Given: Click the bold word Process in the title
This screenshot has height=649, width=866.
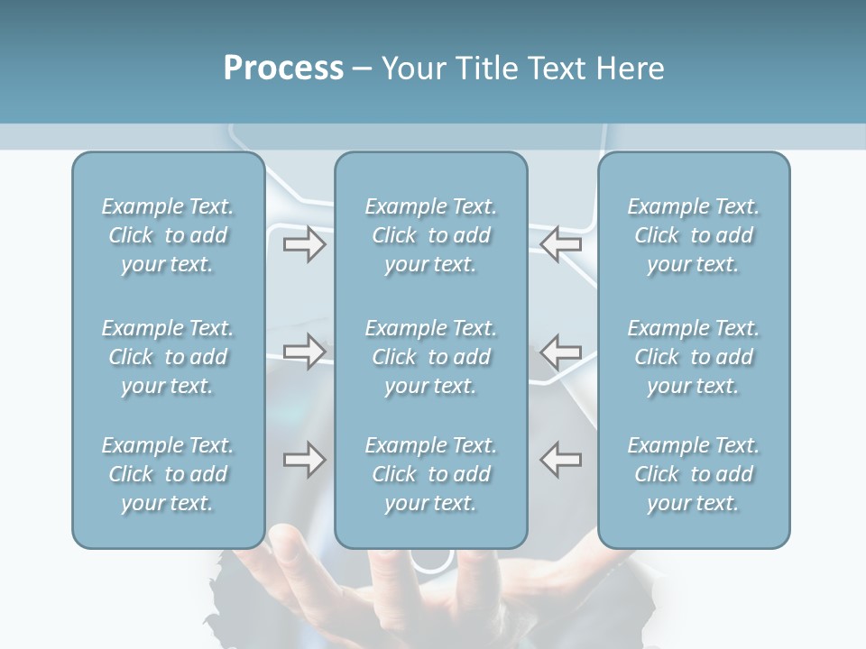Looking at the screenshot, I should [x=283, y=69].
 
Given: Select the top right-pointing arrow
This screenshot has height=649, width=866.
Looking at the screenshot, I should [x=304, y=244].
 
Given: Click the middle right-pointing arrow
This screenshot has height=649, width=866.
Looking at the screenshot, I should [x=304, y=351].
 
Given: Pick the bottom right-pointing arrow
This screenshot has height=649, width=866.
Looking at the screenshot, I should [x=304, y=460].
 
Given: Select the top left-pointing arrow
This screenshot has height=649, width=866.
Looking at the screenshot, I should [x=561, y=244].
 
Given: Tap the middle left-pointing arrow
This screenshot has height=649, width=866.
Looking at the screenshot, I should [x=561, y=351].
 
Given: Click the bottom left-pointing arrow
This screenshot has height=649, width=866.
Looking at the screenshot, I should [x=561, y=460].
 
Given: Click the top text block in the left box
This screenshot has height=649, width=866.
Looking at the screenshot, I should [x=168, y=235].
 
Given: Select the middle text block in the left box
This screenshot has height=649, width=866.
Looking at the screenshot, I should [x=168, y=357].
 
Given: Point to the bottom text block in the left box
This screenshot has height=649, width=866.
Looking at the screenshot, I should [x=168, y=474].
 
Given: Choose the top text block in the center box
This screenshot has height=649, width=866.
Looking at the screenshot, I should [x=431, y=235].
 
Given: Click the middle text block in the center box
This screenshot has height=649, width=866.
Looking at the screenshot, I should [x=431, y=357].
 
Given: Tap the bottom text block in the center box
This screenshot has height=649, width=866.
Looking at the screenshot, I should [x=431, y=474].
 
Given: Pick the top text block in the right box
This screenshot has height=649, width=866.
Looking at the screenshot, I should [x=694, y=235].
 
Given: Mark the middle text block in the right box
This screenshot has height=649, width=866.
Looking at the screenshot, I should [x=694, y=357].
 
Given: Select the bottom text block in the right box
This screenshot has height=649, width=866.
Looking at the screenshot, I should [x=694, y=474].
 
